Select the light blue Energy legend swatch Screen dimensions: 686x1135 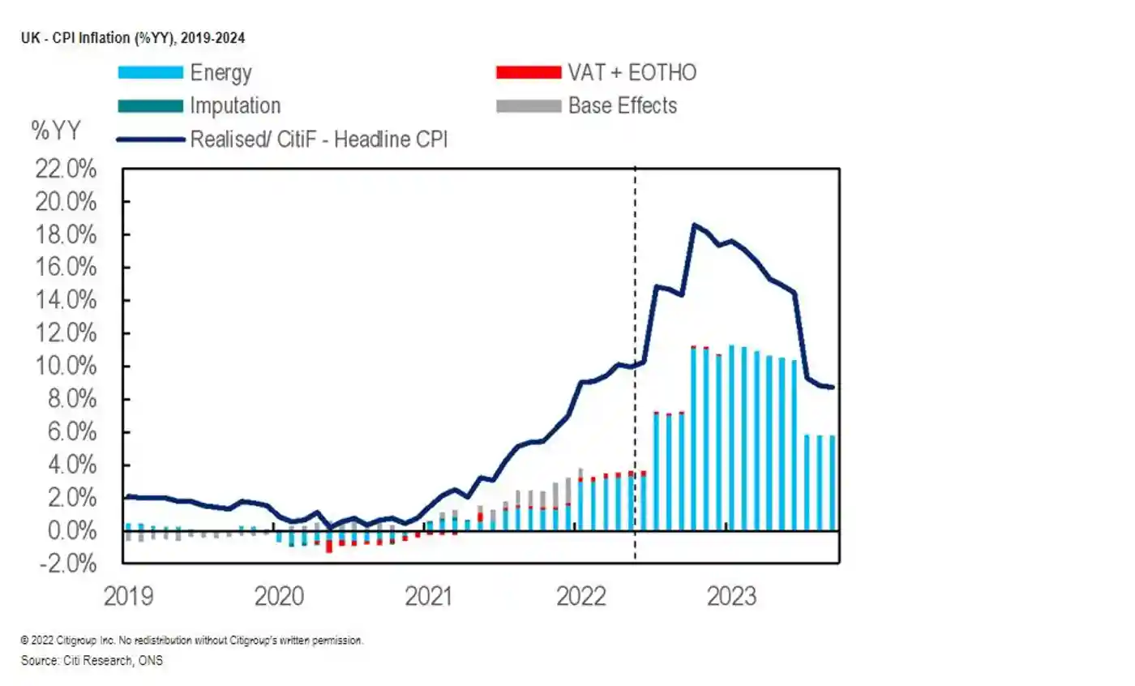pyautogui.click(x=150, y=73)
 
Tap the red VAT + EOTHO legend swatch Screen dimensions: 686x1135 pyautogui.click(x=527, y=73)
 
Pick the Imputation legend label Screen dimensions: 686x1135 pyautogui.click(x=235, y=105)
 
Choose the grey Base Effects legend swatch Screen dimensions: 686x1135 pyautogui.click(x=527, y=105)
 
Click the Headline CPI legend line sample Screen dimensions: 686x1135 pyautogui.click(x=150, y=139)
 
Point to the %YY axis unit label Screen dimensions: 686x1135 pyautogui.click(x=55, y=131)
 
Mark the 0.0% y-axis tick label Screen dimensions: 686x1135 pyautogui.click(x=66, y=531)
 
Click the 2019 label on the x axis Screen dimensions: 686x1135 pyautogui.click(x=128, y=598)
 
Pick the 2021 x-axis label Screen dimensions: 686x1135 pyautogui.click(x=430, y=598)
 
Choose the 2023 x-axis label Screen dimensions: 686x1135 pyautogui.click(x=731, y=598)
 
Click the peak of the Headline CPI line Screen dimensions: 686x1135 pyautogui.click(x=694, y=225)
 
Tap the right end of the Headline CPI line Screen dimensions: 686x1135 pyautogui.click(x=832, y=387)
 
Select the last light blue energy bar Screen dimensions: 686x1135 pyautogui.click(x=832, y=483)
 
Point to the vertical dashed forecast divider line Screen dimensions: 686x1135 pyautogui.click(x=635, y=365)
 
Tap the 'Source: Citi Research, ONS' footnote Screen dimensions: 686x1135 pyautogui.click(x=92, y=661)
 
